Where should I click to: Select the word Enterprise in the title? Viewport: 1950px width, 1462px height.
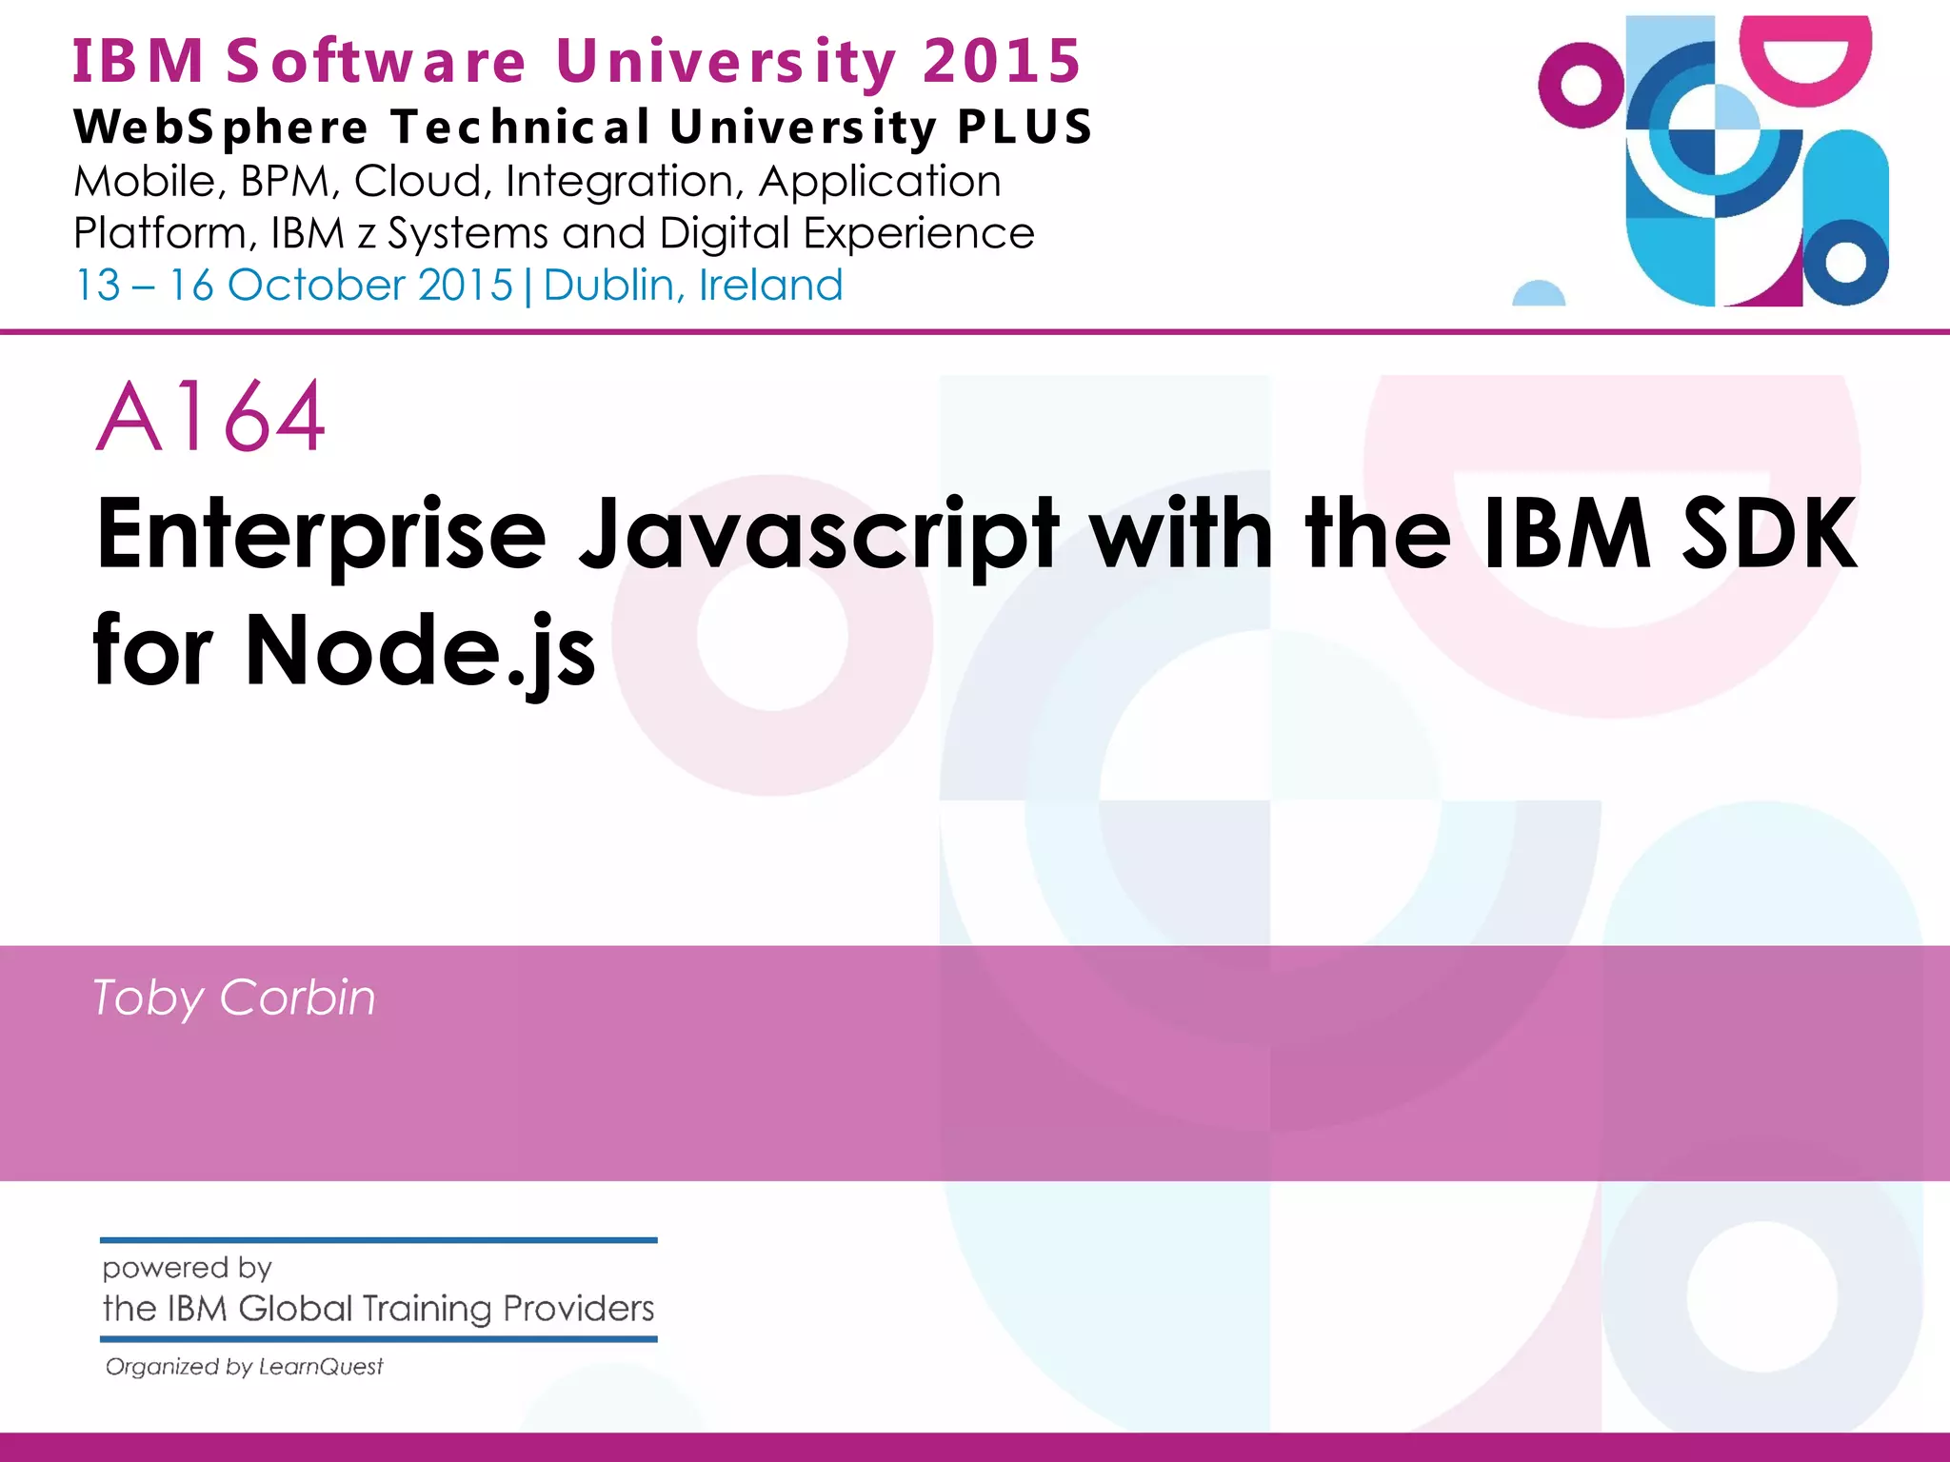pos(321,535)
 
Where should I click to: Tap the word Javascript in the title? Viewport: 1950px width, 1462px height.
pos(818,535)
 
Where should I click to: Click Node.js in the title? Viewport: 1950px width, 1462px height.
pos(420,651)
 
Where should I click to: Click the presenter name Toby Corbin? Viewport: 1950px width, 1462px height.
pos(234,998)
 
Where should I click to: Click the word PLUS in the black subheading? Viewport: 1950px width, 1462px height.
pos(1025,127)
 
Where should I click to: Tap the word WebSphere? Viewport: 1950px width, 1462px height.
pos(221,128)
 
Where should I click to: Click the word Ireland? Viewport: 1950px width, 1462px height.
pos(771,286)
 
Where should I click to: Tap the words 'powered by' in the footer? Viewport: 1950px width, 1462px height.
pos(187,1268)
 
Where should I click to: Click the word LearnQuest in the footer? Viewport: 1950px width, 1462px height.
pos(321,1367)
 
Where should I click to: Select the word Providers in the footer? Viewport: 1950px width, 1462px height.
pos(578,1309)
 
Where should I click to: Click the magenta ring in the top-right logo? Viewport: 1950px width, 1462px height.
pos(1580,86)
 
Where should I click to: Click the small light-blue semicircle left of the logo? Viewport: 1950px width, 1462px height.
pos(1539,295)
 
